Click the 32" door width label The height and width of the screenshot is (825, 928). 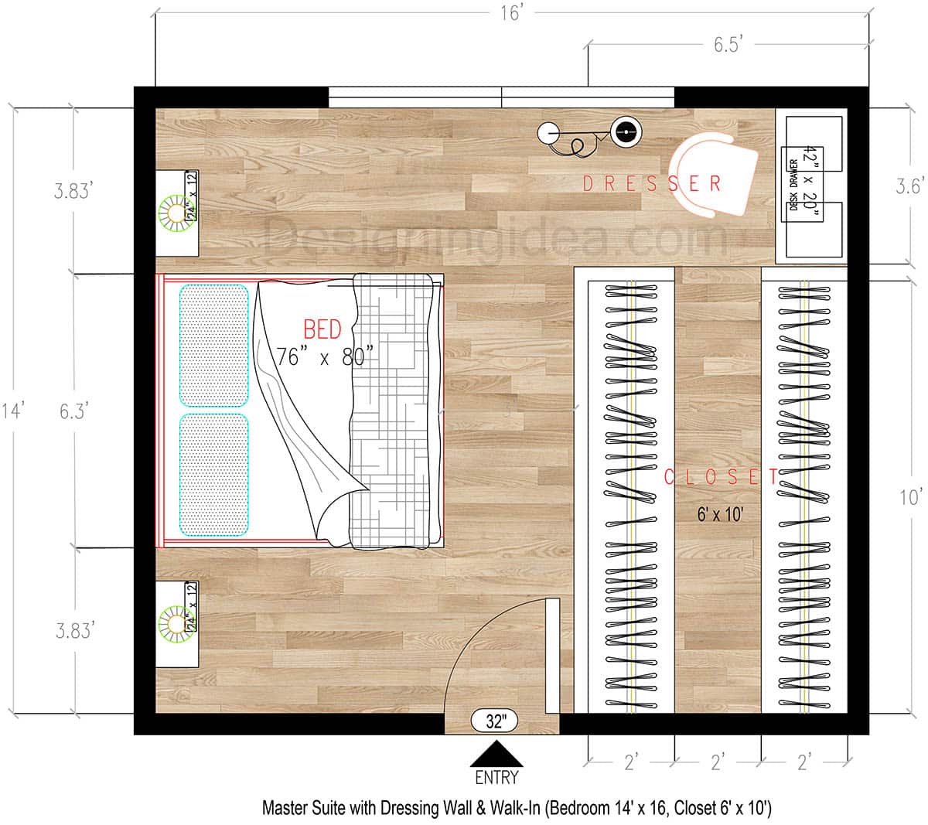496,721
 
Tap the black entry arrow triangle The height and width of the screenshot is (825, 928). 496,754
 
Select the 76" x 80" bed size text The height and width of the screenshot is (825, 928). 325,357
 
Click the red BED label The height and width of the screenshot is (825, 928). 322,330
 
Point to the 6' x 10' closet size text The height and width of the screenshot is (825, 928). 719,513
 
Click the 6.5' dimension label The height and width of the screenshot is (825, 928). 728,45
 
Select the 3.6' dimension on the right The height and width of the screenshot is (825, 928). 909,186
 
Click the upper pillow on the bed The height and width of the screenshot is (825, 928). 214,346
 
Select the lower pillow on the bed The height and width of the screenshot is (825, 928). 214,474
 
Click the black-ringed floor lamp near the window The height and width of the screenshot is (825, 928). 625,132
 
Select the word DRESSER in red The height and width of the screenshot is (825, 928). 651,183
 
